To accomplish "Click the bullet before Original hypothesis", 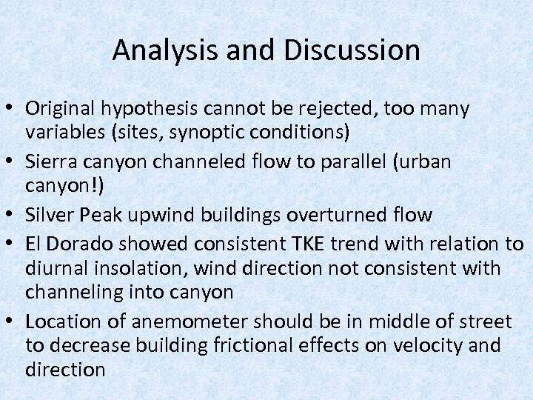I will click(12, 110).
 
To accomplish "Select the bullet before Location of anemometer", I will click(12, 322).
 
